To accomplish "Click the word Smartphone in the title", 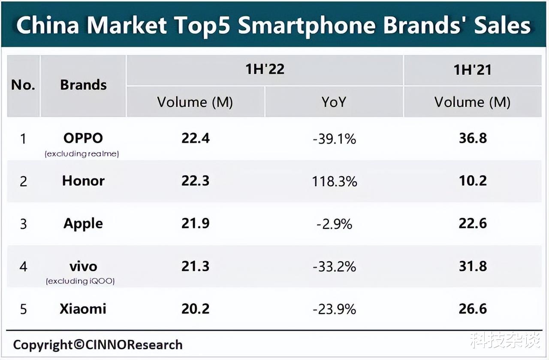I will tap(307, 26).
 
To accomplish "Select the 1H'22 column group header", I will tap(265, 69).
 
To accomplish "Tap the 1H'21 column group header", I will tap(472, 70).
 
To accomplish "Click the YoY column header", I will tap(333, 102).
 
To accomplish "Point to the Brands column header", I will tap(83, 85).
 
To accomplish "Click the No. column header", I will tap(23, 85).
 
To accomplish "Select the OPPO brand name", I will tap(83, 138).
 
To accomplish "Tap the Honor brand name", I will tap(83, 180).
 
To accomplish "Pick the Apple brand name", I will tap(83, 223).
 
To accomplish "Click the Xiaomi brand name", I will tap(83, 309).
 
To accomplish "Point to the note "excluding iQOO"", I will tap(81, 281).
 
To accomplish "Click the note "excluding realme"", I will tap(81, 153).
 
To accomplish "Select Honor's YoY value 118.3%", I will tap(334, 181).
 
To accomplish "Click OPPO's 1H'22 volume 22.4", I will tap(195, 138).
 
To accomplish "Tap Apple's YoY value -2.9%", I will tap(334, 224).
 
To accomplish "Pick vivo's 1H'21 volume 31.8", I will tap(473, 266).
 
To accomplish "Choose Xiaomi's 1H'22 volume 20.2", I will tap(195, 309).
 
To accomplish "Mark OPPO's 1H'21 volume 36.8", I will tap(473, 138).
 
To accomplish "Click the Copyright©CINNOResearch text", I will tap(98, 345).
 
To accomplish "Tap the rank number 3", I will tap(23, 224).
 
